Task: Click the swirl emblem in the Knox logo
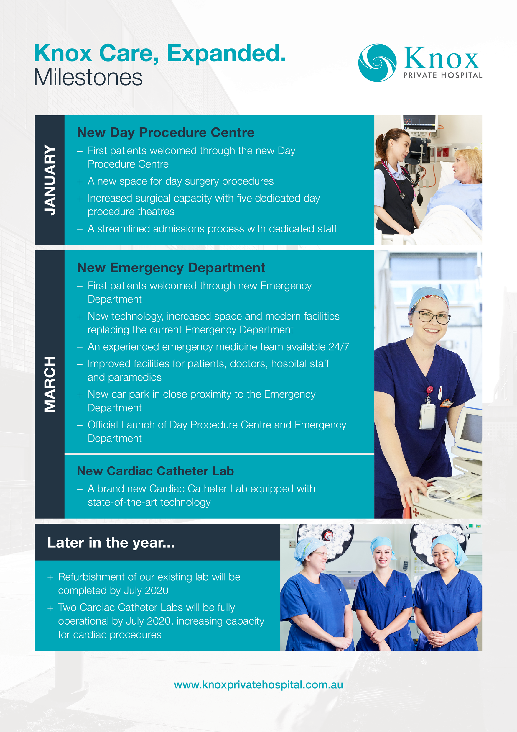(377, 63)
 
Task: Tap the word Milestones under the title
(88, 78)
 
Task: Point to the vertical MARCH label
(50, 384)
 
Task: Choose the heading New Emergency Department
(171, 268)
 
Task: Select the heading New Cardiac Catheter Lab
(155, 471)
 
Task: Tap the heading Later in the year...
(111, 543)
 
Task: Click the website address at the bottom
(258, 684)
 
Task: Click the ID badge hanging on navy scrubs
(427, 416)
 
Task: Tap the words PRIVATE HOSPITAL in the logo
(443, 75)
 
